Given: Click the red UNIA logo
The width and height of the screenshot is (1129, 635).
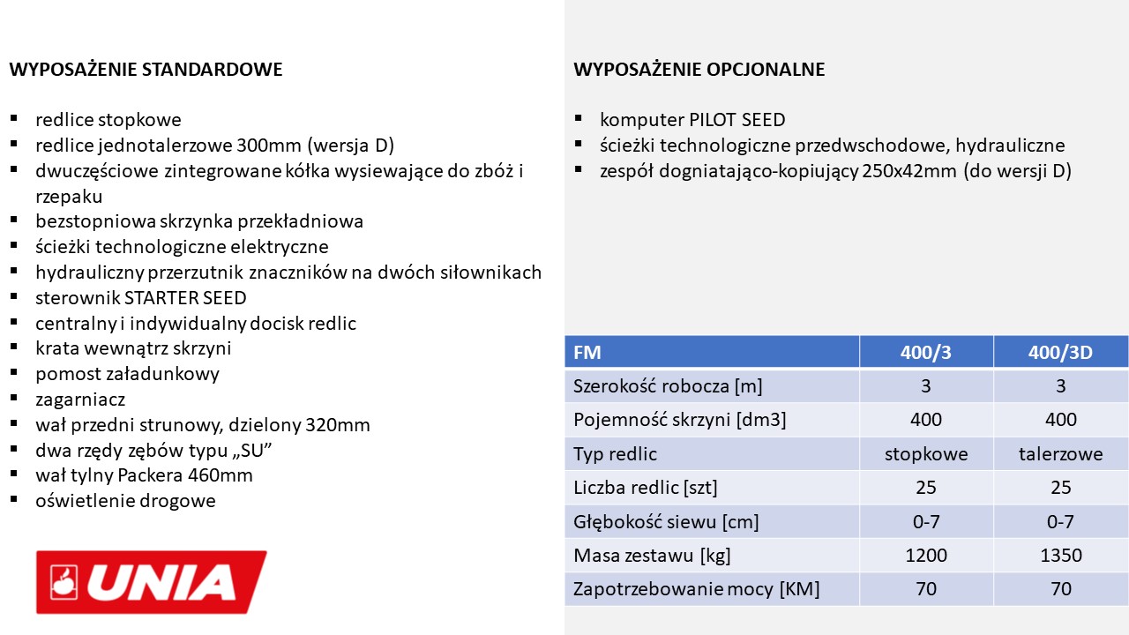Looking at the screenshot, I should coord(151,581).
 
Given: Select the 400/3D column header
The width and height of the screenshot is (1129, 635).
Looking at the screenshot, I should coord(1060,353).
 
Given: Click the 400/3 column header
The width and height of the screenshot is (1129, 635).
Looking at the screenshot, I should coord(925,353).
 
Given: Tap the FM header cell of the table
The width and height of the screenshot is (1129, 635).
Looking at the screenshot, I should coord(587,353).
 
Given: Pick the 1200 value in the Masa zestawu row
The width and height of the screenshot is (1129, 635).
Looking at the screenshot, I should coord(925,556).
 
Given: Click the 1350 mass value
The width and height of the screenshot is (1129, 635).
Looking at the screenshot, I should coord(1060,556).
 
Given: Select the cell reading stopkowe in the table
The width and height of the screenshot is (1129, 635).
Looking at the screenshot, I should coord(925,454).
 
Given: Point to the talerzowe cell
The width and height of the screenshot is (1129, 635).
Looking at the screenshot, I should coord(1060,454).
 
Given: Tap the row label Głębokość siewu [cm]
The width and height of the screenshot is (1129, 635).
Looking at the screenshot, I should coord(666,521).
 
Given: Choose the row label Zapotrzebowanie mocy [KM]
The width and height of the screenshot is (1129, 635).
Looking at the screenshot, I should coord(696,589).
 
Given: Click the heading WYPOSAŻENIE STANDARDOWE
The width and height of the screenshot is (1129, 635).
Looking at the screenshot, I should coord(146,70).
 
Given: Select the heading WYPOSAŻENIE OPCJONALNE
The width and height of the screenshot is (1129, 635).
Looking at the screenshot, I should coord(699,70).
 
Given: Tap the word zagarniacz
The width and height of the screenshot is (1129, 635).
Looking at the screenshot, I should coord(80,400).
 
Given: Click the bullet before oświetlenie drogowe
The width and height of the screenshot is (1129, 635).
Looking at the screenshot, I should coord(15,499).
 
